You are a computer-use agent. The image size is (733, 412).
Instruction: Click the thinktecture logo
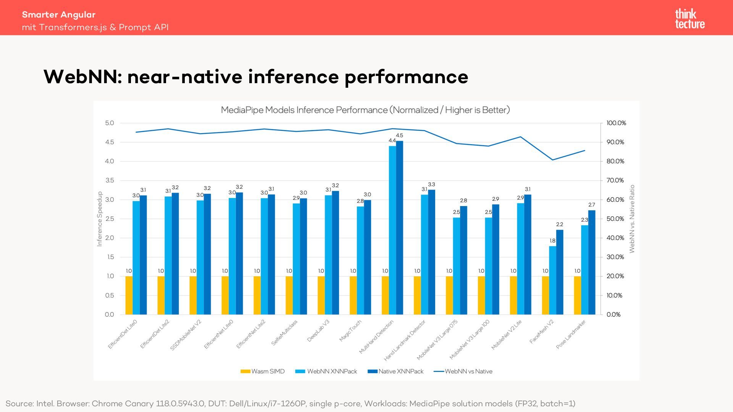689,19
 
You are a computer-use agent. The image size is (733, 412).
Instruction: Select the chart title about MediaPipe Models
365,110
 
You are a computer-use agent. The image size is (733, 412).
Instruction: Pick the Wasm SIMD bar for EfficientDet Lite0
129,295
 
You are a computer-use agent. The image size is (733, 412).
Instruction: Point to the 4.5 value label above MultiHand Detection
399,135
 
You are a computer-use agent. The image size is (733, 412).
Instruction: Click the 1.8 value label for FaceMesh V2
552,241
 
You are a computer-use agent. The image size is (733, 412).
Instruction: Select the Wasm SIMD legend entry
263,372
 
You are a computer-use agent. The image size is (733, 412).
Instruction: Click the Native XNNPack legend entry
396,372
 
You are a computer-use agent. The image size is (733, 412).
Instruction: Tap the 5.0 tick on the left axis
110,123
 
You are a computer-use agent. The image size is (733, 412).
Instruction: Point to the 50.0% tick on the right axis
615,219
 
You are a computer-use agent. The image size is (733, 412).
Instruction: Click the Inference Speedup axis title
100,219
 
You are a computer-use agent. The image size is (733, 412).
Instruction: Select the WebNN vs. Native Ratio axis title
632,219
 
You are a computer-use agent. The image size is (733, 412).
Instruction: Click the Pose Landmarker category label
570,334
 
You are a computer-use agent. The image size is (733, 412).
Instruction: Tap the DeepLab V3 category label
318,331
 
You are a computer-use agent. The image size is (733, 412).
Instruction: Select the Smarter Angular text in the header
59,14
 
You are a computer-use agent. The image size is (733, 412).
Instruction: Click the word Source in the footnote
19,404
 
